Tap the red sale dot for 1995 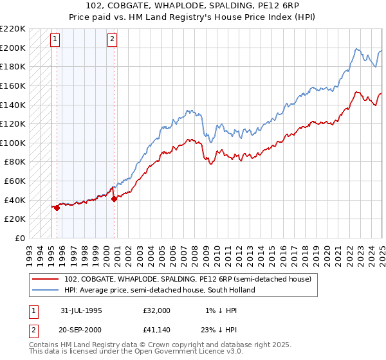(x=57, y=208)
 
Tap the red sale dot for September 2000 (x=115, y=199)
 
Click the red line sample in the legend (x=46, y=279)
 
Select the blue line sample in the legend (x=46, y=290)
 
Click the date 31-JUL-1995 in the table (x=81, y=310)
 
